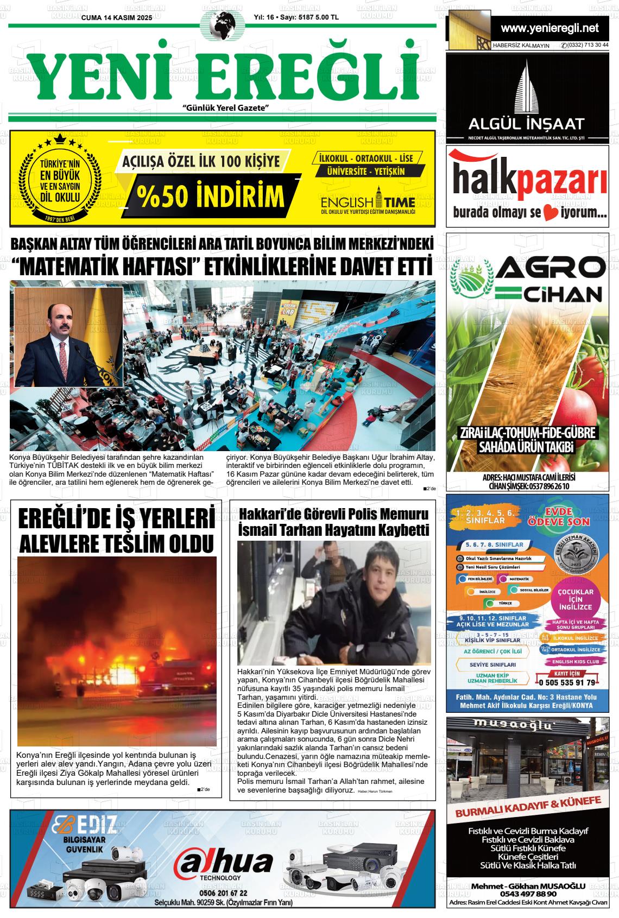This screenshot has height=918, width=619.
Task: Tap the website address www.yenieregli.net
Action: point(549,28)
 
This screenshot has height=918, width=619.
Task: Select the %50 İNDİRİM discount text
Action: point(211,197)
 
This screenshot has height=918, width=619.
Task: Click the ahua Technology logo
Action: point(223,864)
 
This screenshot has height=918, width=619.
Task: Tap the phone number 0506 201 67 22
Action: point(223,893)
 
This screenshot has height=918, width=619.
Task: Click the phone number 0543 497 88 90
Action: point(528,894)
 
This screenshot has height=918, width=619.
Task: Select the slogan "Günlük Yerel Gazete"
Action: point(226,108)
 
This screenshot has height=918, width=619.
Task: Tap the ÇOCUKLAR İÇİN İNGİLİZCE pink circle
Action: point(572,598)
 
